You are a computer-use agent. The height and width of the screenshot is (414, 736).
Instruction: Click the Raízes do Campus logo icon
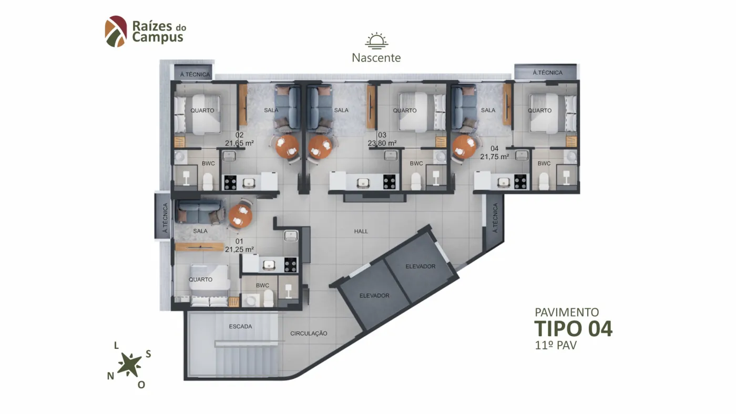(116, 31)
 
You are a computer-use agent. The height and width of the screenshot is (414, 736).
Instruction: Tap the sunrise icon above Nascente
(376, 40)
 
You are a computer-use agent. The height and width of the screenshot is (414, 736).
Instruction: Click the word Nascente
(376, 58)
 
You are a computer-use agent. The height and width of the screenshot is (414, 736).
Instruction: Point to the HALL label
(361, 232)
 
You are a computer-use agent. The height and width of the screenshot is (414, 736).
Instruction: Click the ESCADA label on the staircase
(241, 327)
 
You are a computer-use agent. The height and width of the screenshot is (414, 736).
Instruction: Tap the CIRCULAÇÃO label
(309, 334)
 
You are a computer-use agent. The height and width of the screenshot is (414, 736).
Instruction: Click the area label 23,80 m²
(382, 143)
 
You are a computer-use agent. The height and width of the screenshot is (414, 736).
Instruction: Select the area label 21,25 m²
(239, 250)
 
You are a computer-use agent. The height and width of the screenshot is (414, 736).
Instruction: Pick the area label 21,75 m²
(495, 157)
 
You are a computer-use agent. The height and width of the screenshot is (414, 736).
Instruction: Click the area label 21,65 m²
(239, 143)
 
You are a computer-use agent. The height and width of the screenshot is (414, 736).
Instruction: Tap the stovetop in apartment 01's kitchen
(290, 265)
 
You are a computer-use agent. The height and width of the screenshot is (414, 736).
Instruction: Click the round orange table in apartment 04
(464, 147)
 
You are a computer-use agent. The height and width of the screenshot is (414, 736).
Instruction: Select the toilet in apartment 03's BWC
(416, 181)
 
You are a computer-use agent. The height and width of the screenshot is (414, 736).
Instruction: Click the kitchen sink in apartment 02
(249, 183)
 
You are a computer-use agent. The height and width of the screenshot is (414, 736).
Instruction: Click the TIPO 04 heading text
(574, 329)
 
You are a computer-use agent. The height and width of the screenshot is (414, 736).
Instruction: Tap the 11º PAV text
(556, 346)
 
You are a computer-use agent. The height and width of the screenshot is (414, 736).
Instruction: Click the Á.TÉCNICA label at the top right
(547, 73)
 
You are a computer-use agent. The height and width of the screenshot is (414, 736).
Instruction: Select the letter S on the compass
(148, 354)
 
